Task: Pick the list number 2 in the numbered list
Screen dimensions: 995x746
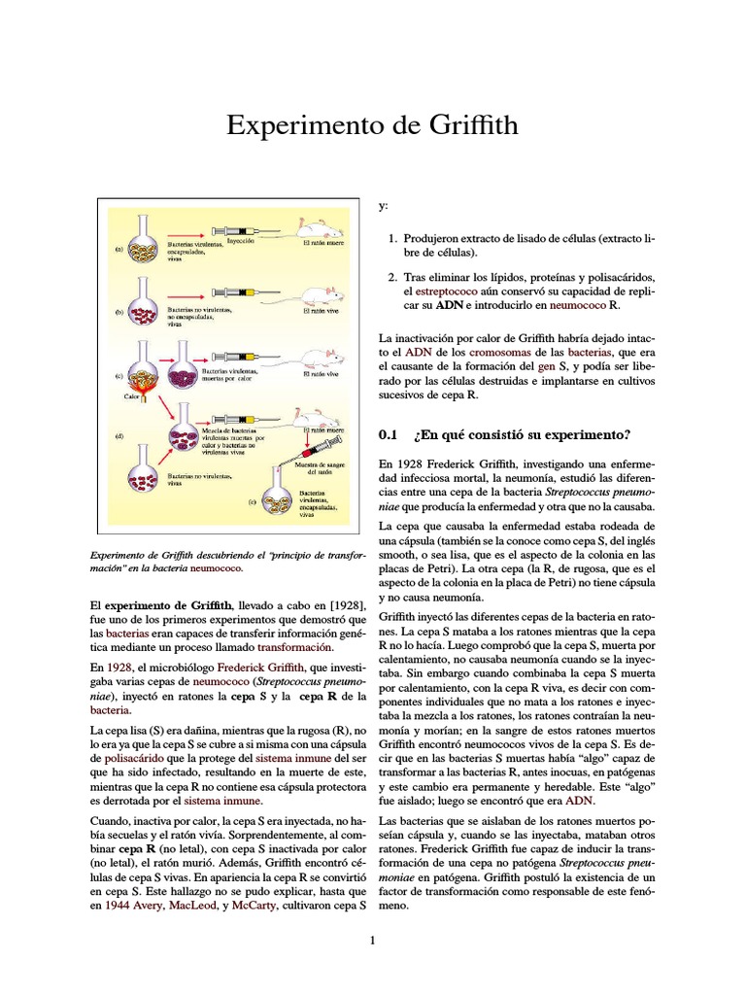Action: click(391, 275)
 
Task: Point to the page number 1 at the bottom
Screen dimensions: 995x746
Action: click(372, 940)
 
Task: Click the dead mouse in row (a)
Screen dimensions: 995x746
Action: click(321, 229)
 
